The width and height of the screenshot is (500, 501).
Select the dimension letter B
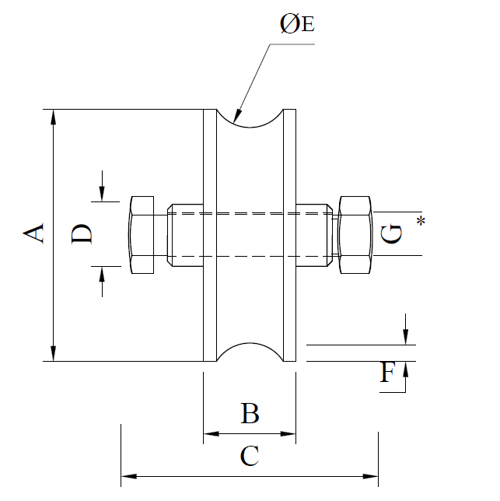tap(249, 413)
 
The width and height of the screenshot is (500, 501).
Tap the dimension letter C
tap(249, 456)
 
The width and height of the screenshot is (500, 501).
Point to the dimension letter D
tap(82, 233)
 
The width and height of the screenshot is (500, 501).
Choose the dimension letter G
tap(393, 233)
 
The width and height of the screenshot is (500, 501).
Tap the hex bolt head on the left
tap(140, 235)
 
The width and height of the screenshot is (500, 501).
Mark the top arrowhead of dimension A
tap(53, 115)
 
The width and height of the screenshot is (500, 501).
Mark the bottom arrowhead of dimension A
tap(53, 356)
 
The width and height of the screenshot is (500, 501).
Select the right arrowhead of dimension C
tap(372, 474)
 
